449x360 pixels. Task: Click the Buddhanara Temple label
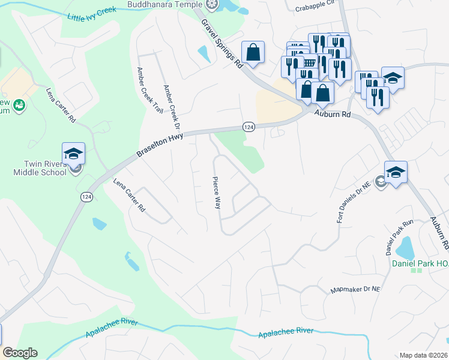164,5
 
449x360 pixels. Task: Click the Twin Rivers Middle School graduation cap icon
73,154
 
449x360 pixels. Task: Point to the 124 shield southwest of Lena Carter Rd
87,197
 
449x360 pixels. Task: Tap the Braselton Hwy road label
158,145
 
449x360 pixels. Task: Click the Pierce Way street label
215,193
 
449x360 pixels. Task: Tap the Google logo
20,353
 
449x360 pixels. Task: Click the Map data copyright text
423,355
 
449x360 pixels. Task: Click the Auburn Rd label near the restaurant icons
334,113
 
